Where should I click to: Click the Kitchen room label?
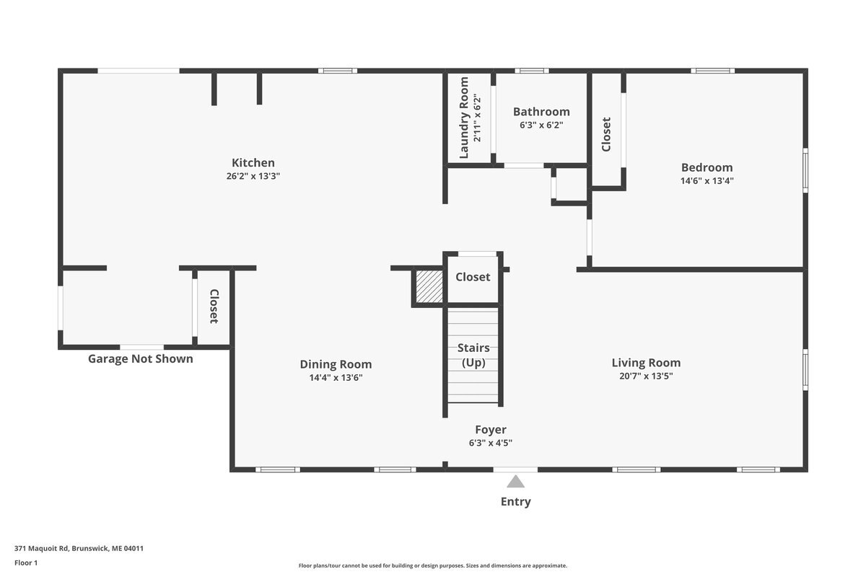click(253, 163)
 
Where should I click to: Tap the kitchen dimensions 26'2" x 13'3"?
click(253, 176)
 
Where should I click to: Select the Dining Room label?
click(336, 364)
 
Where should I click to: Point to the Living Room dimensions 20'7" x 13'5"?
click(646, 376)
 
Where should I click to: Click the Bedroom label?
click(707, 167)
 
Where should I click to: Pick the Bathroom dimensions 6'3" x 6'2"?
click(541, 125)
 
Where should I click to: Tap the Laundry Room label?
click(464, 118)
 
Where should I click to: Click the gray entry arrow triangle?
click(515, 483)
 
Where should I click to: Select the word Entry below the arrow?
click(515, 502)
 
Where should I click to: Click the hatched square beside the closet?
click(429, 286)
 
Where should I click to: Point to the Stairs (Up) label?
click(473, 355)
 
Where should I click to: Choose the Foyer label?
click(491, 430)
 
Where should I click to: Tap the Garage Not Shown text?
click(140, 358)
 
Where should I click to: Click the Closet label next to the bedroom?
click(605, 134)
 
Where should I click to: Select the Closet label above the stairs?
click(473, 277)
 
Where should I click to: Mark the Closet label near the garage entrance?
click(214, 306)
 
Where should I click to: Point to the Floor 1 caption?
click(26, 563)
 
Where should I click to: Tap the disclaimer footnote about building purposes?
click(432, 565)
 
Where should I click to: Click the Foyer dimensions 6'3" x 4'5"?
click(491, 443)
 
